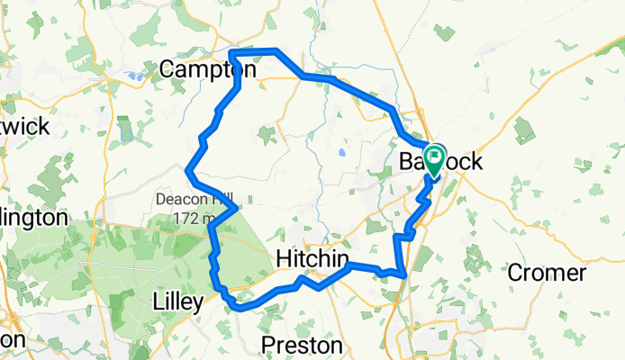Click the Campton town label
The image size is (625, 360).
pos(208,68)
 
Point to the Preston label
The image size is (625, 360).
pos(301,346)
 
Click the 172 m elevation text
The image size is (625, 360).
pos(193,218)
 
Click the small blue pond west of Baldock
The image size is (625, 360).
pos(342,152)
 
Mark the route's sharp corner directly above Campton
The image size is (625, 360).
pos(232,53)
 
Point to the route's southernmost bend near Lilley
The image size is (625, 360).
pos(238,307)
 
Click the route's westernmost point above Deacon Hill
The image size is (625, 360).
pos(186,170)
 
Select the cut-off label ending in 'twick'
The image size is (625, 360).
pos(24,126)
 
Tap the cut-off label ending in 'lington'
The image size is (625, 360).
pos(33,218)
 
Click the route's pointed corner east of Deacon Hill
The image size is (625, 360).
pos(236,208)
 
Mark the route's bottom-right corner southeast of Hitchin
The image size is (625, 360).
pos(406,274)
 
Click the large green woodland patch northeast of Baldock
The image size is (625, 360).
pos(524,130)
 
